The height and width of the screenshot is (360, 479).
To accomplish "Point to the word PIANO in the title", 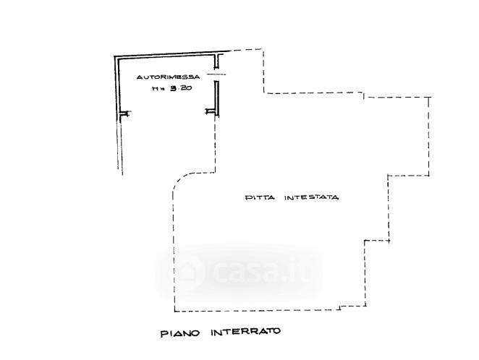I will click(176, 333).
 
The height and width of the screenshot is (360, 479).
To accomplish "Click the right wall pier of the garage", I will click(211, 111).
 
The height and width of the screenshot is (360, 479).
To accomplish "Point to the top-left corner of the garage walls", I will click(115, 59).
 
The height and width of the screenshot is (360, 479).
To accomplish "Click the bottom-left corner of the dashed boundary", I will click(174, 311).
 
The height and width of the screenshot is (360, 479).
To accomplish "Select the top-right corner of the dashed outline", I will click(431, 95).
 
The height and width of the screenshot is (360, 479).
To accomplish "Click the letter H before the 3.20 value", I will click(154, 90).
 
